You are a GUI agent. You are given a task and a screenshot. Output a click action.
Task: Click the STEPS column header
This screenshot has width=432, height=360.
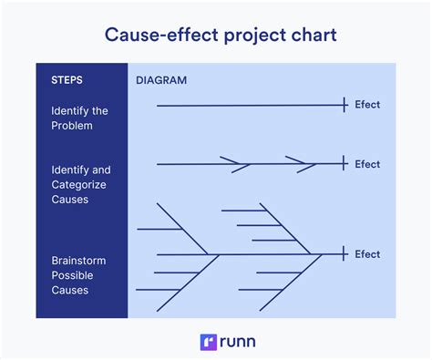(67, 80)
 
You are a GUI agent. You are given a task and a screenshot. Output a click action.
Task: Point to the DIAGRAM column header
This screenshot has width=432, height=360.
(161, 80)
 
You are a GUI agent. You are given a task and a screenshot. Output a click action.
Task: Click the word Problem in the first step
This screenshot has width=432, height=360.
(72, 126)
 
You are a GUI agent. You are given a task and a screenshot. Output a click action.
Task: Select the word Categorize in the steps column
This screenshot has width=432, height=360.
(80, 185)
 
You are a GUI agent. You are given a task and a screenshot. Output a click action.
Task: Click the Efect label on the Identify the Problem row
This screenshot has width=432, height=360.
(367, 105)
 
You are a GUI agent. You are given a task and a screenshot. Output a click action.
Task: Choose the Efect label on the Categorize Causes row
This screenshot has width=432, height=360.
(367, 164)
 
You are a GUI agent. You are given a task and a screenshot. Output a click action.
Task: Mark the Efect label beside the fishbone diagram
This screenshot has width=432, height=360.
(367, 254)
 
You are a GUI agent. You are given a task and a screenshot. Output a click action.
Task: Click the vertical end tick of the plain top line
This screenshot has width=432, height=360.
(344, 106)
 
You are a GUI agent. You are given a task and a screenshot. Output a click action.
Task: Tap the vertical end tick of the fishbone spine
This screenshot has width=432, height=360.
(344, 254)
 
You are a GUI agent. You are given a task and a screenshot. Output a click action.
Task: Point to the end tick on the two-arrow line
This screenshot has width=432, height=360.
(344, 164)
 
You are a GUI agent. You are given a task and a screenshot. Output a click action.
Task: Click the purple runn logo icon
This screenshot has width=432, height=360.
(207, 342)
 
